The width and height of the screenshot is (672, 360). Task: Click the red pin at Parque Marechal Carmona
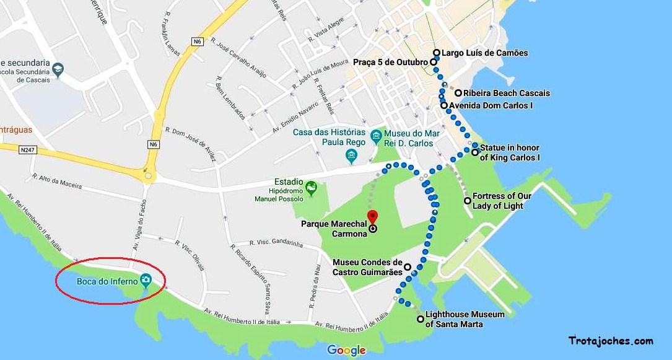pyautogui.click(x=372, y=217)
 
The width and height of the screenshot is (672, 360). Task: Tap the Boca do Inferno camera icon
pyautogui.click(x=146, y=281)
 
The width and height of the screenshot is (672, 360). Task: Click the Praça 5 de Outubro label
pyautogui.click(x=390, y=63)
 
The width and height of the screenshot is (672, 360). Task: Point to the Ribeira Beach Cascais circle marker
pyautogui.click(x=458, y=94)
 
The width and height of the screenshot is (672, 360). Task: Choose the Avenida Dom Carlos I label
pyautogui.click(x=491, y=106)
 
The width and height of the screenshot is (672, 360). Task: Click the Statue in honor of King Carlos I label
pyautogui.click(x=510, y=153)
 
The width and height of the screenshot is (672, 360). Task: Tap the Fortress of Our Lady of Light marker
pyautogui.click(x=468, y=201)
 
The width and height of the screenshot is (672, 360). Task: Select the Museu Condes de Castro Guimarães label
pyautogui.click(x=367, y=267)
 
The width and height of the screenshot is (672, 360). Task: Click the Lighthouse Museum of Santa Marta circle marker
pyautogui.click(x=421, y=320)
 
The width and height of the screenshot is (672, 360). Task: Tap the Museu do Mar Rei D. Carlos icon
pyautogui.click(x=375, y=135)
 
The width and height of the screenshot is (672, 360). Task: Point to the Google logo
pyautogui.click(x=346, y=350)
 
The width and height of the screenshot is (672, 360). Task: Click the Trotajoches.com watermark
pyautogui.click(x=610, y=341)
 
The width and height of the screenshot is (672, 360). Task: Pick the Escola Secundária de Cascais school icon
pyautogui.click(x=58, y=69)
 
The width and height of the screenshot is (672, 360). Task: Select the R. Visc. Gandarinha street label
pyautogui.click(x=276, y=244)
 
